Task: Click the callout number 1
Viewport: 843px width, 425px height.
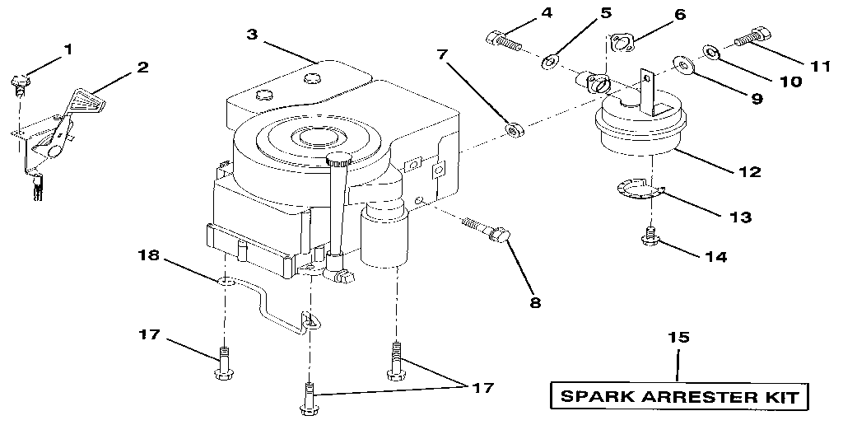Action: pos(68,49)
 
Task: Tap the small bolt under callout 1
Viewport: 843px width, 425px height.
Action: pos(20,83)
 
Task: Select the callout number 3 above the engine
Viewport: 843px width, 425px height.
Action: pos(253,34)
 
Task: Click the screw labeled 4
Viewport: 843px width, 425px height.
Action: pos(501,38)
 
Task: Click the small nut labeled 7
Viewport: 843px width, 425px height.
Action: pos(515,129)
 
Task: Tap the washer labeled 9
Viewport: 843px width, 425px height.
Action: pos(682,64)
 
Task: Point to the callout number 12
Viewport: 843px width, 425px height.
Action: pos(750,173)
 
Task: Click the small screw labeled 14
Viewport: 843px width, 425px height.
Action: pos(650,236)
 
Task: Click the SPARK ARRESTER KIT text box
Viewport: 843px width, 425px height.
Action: pos(679,396)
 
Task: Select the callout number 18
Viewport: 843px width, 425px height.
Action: pos(150,256)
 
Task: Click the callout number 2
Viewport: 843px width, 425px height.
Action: pos(142,67)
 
